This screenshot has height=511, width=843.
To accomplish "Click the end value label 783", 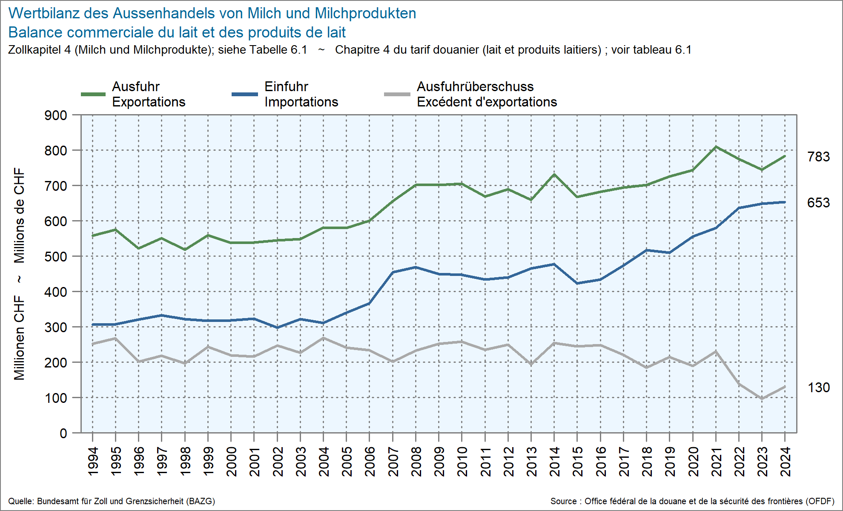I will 818,157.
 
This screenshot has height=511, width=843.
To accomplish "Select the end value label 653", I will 818,203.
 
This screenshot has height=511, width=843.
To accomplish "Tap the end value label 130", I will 818,388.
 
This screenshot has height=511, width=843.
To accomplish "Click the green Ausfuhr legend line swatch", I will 93,94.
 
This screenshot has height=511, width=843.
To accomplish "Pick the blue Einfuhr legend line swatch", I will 245,94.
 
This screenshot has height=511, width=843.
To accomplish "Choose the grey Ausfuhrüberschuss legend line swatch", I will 397,94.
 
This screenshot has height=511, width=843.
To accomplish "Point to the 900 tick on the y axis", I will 56,115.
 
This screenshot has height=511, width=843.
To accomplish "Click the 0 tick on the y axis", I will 63,433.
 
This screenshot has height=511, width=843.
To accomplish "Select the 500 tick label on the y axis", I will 56,257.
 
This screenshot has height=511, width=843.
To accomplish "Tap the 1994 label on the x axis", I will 93,462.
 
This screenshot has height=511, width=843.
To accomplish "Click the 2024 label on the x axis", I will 785,462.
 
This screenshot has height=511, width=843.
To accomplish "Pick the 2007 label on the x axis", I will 393,462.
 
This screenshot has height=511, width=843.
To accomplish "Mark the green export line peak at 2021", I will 716,147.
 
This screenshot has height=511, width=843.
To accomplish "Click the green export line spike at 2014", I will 554,174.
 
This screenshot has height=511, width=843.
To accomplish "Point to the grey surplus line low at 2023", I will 762,399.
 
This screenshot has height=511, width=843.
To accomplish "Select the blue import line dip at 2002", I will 277,327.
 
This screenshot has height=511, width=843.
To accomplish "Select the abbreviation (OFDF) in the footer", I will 820,501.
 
